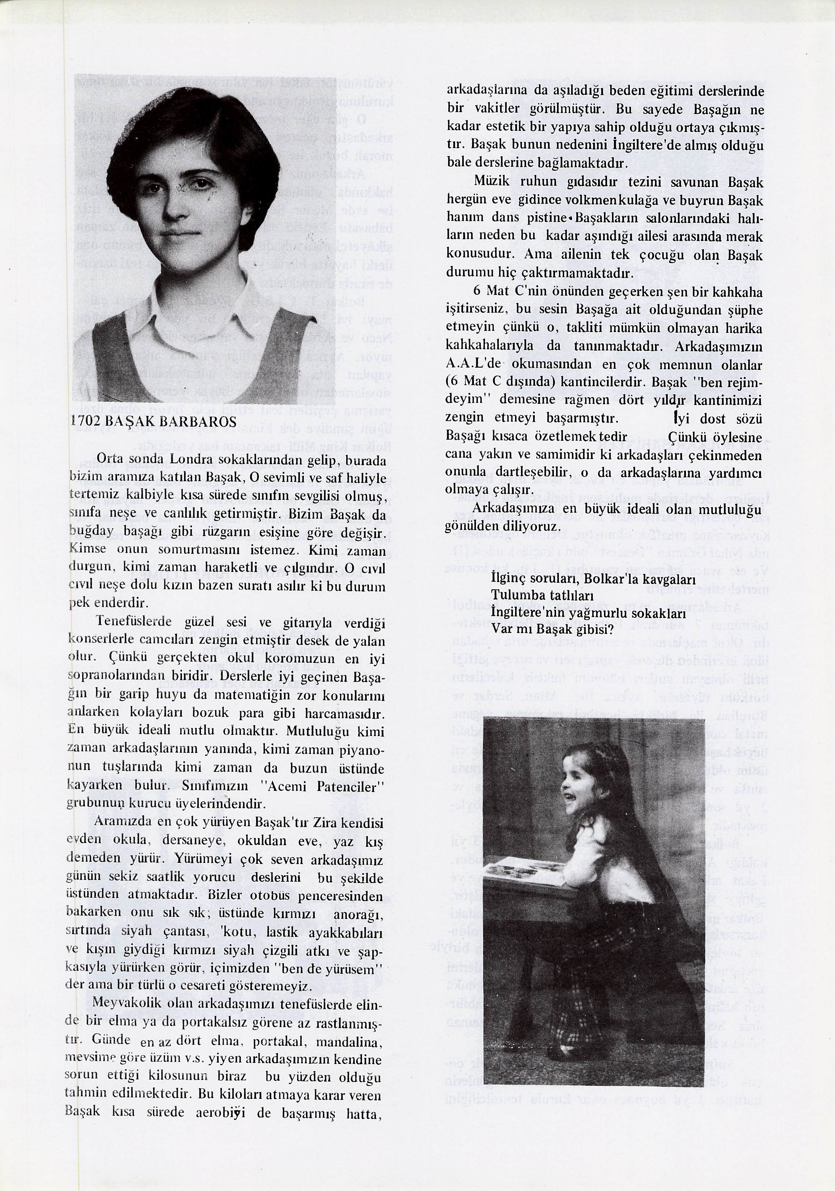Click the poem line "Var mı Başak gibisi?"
pyautogui.click(x=552, y=630)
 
